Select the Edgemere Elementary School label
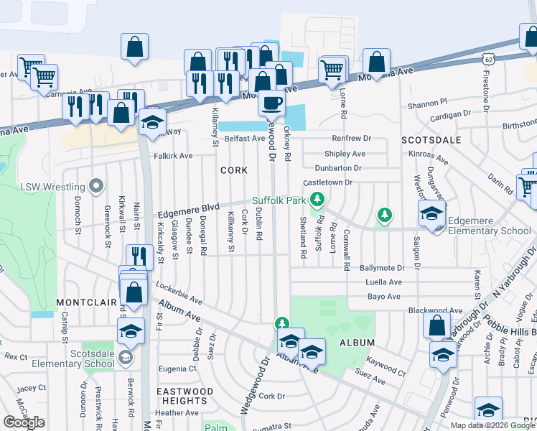489,231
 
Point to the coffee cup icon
271,103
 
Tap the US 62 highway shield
488,57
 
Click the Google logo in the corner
24,422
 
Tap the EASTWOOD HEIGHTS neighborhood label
185,396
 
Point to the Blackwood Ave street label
435,310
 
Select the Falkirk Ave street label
173,155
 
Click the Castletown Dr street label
327,182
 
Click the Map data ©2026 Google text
492,425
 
